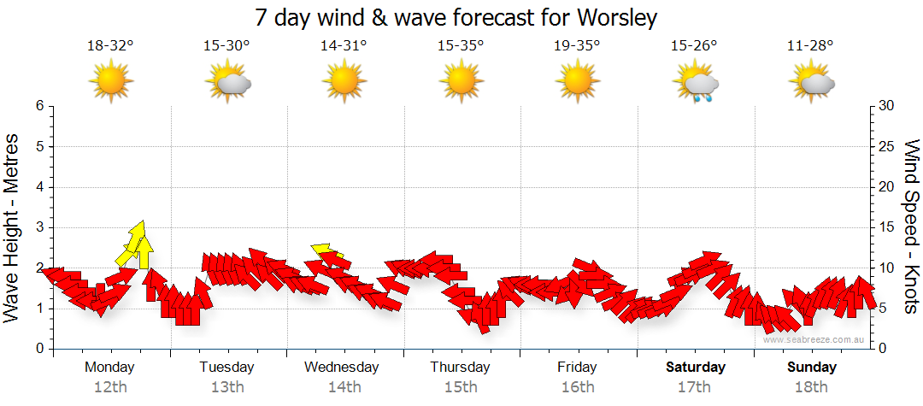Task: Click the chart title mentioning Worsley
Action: point(457,17)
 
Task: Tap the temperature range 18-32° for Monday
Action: point(111,46)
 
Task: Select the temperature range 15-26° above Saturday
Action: point(694,46)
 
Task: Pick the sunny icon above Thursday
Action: point(461,83)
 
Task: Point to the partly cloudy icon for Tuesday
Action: point(227,84)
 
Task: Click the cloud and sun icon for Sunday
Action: point(812,84)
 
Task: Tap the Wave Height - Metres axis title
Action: point(13,227)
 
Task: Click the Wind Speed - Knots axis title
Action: point(911,227)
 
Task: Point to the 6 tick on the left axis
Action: point(38,107)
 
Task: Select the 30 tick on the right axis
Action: point(885,107)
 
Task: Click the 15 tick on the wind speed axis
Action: point(885,227)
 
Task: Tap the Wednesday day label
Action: point(341,368)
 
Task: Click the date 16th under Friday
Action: point(578,387)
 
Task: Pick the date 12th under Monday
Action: point(110,387)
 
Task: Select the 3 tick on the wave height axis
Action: point(38,227)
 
